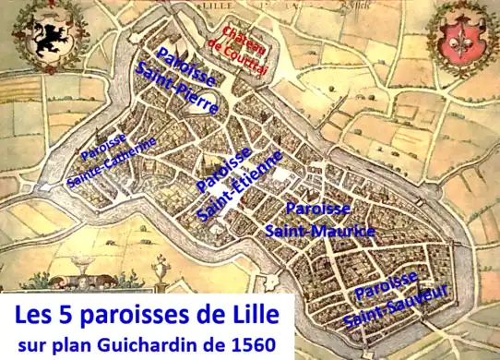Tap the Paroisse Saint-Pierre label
click(186, 79)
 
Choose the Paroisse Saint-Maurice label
click(319, 220)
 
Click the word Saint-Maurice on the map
click(319, 230)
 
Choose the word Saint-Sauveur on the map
click(397, 307)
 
